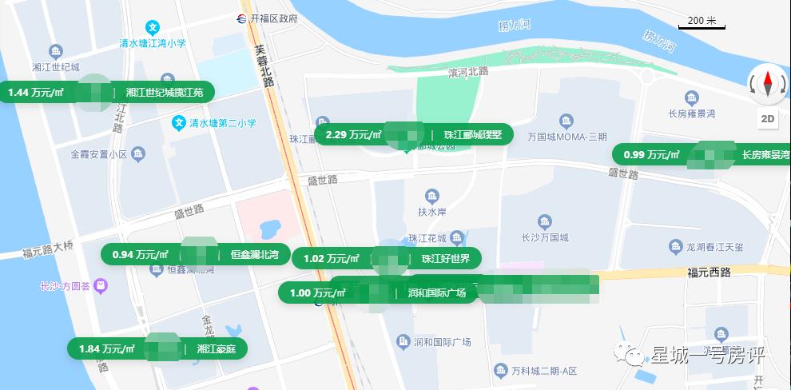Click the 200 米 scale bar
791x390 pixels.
pyautogui.click(x=702, y=23)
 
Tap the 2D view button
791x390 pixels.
pyautogui.click(x=767, y=119)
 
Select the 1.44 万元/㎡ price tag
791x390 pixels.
pyautogui.click(x=36, y=93)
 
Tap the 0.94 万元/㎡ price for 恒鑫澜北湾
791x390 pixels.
pyautogui.click(x=140, y=255)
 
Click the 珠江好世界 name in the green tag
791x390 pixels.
pyautogui.click(x=446, y=258)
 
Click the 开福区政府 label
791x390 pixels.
pyautogui.click(x=273, y=18)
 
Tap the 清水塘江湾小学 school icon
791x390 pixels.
pyautogui.click(x=153, y=27)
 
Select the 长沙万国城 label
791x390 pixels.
pyautogui.click(x=545, y=237)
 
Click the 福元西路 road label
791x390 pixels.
pyautogui.click(x=709, y=273)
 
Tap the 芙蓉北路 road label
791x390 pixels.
pyautogui.click(x=264, y=66)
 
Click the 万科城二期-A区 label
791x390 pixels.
pyautogui.click(x=544, y=371)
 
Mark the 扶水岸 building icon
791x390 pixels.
pyautogui.click(x=432, y=197)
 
